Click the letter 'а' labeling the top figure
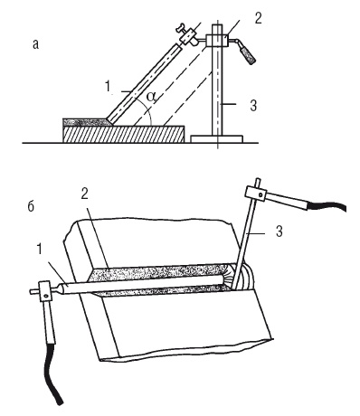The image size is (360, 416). coord(36,44)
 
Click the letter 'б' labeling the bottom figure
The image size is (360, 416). coord(31,207)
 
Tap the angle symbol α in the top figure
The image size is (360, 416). coord(152,97)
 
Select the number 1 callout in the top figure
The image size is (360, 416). coord(108,87)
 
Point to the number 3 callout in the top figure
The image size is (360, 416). coord(253,106)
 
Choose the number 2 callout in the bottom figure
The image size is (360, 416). coord(85,194)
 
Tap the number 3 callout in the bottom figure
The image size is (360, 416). coord(279,232)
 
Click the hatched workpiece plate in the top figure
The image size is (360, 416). coord(124,134)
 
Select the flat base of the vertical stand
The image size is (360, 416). coord(217,139)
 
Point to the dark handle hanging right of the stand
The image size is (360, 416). coord(248,53)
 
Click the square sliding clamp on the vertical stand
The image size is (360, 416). coord(217,41)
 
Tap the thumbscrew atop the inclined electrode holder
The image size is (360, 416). coord(182,29)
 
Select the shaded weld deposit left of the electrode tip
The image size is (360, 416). coord(85,122)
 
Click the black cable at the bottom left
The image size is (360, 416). coord(53,373)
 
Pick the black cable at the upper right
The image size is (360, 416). coord(327,206)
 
